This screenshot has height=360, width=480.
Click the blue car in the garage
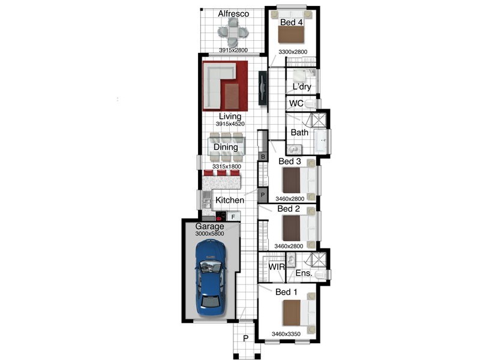click(211, 278)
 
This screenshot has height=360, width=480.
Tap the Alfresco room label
click(233, 14)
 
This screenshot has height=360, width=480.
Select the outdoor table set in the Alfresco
click(233, 32)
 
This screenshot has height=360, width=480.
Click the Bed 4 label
click(292, 22)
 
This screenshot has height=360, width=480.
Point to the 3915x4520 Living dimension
click(230, 124)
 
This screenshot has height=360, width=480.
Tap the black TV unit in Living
click(263, 88)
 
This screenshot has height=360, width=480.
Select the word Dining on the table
click(226, 147)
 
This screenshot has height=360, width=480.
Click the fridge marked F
click(233, 217)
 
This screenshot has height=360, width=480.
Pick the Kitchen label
click(230, 200)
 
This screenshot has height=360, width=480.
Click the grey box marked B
click(263, 157)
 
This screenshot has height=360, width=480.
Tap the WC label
click(296, 103)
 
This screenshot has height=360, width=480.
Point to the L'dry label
click(302, 86)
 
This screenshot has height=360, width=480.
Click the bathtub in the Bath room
click(322, 142)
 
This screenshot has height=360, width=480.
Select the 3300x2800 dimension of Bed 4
click(293, 52)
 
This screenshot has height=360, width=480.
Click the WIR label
click(277, 266)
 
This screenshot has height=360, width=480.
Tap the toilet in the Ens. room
click(320, 275)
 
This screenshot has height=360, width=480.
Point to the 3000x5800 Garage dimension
click(209, 233)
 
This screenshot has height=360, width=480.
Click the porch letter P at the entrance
click(245, 338)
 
